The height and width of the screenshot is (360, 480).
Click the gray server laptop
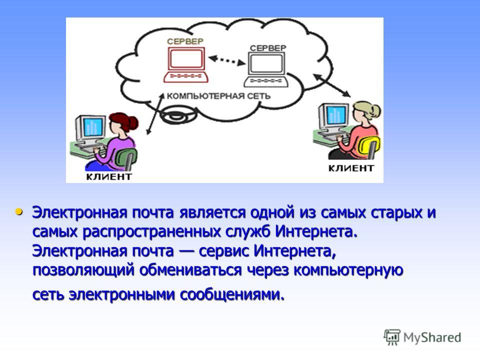[265, 70]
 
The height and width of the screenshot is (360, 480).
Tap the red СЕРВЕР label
[185, 41]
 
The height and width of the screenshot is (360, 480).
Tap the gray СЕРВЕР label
[268, 48]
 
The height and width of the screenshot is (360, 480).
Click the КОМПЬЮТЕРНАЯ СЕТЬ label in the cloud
[218, 96]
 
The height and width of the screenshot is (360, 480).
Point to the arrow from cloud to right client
[332, 85]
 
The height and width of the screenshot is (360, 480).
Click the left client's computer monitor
[91, 128]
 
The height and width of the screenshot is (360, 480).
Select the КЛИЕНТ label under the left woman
[109, 176]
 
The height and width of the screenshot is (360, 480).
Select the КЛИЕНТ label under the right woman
[351, 168]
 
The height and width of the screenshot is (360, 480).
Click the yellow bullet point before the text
[19, 211]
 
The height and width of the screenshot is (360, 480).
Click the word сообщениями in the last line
[232, 295]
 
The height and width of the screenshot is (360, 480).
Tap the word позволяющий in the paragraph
[83, 270]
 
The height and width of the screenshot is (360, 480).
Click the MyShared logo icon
[392, 337]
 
